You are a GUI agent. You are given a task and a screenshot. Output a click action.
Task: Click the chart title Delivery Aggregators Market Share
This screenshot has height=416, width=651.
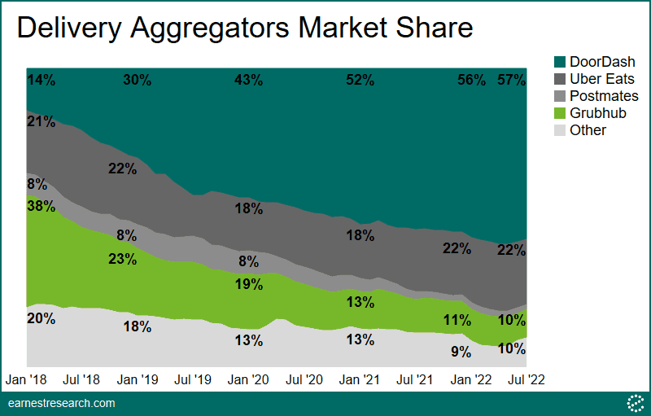245,28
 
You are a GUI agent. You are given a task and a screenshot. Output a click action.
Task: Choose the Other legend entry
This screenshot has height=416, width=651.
588,130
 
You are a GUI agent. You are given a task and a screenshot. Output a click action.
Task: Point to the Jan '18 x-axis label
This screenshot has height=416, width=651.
27,379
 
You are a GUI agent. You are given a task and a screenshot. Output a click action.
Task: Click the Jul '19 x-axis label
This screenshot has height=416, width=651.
194,379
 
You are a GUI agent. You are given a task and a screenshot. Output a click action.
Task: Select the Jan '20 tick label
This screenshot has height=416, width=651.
248,379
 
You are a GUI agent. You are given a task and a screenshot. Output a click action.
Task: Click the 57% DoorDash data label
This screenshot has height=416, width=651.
512,80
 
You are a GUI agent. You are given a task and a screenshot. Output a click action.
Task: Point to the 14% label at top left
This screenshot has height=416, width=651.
41,80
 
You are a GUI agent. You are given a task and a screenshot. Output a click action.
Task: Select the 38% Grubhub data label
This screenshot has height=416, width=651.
41,206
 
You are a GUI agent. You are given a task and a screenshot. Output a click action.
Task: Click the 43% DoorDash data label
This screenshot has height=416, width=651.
248,80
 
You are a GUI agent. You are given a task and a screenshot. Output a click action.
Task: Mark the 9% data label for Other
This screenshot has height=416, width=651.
461,352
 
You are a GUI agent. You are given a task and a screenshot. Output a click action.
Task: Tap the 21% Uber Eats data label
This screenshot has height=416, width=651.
41,122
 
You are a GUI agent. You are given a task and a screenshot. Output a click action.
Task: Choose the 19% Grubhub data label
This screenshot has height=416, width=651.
248,285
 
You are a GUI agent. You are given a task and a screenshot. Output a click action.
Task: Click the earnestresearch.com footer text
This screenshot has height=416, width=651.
62,403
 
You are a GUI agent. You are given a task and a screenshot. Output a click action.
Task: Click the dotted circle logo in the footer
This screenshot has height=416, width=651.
634,403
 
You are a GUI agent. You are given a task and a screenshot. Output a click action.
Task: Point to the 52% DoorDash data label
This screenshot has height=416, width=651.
360,80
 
